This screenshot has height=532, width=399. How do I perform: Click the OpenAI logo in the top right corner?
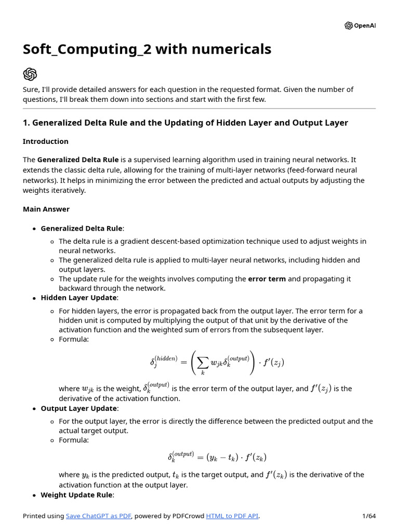pyautogui.click(x=360, y=26)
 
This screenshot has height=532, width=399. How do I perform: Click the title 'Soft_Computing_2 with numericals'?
pyautogui.click(x=147, y=49)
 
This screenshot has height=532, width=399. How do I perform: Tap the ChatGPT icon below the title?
pyautogui.click(x=30, y=74)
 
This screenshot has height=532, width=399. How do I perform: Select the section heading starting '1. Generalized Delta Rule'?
pyautogui.click(x=185, y=123)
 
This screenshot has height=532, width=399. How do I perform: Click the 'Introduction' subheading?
pyautogui.click(x=46, y=141)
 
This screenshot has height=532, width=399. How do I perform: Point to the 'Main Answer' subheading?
pyautogui.click(x=46, y=209)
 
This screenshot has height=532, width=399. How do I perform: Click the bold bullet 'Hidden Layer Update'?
pyautogui.click(x=78, y=298)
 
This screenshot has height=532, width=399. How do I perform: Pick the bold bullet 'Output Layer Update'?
pyautogui.click(x=78, y=408)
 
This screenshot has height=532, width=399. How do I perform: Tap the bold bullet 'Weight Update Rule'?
pyautogui.click(x=76, y=495)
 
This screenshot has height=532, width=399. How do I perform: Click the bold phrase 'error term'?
pyautogui.click(x=267, y=279)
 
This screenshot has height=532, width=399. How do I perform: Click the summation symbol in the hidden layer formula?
pyautogui.click(x=203, y=362)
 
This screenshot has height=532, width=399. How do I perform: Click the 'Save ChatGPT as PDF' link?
pyautogui.click(x=99, y=516)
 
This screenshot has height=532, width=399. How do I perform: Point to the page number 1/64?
pyautogui.click(x=368, y=516)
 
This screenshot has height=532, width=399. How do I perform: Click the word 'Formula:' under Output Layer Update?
pyautogui.click(x=74, y=440)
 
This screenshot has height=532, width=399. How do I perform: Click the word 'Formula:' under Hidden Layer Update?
pyautogui.click(x=74, y=339)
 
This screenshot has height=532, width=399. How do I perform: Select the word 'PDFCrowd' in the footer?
pyautogui.click(x=188, y=516)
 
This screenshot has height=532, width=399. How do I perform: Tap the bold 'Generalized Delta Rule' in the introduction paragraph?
pyautogui.click(x=78, y=160)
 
